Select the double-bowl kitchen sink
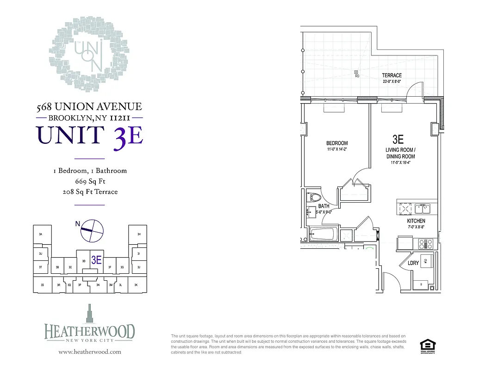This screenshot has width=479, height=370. [x=422, y=209]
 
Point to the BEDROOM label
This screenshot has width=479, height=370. [x=337, y=143]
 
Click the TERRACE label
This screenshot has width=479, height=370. [x=392, y=75]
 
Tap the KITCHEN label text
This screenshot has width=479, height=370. [x=416, y=221]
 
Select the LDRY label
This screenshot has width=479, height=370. [x=413, y=263]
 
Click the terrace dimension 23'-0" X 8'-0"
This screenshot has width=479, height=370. [x=392, y=82]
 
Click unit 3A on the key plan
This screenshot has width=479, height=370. [x=41, y=235]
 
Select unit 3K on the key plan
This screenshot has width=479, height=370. [x=136, y=285]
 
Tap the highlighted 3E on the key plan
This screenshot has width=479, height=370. [x=96, y=260]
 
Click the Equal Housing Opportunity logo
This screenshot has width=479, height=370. [x=426, y=345]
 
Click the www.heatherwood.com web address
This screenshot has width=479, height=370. [x=90, y=352]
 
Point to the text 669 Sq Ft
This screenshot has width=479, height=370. [x=90, y=181]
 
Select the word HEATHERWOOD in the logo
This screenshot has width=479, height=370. [x=90, y=332]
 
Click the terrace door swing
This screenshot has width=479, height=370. [x=416, y=90]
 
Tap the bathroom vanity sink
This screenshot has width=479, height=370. [x=309, y=213]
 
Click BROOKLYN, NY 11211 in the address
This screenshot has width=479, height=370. [x=89, y=117]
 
